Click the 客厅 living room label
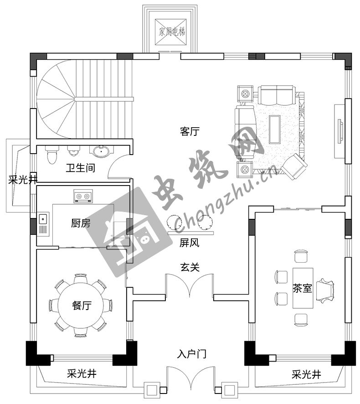coord(190,131)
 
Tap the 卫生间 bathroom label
coord(81,168)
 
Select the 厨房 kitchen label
coord(81,223)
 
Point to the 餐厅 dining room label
coord(82,306)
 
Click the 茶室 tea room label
coord(302,288)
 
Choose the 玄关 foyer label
coord(190,267)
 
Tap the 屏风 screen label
coord(190,243)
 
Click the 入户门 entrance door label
coord(191,354)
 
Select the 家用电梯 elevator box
coord(171,32)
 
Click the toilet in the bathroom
coord(52,155)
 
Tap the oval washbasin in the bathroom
coord(101,151)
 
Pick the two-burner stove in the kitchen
coord(83,197)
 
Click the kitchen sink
coord(43,219)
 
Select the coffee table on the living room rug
coord(274,129)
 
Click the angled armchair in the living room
coord(294,166)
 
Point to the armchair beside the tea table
coord(325,290)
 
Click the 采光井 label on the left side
coord(23,180)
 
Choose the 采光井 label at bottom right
coord(306,374)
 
